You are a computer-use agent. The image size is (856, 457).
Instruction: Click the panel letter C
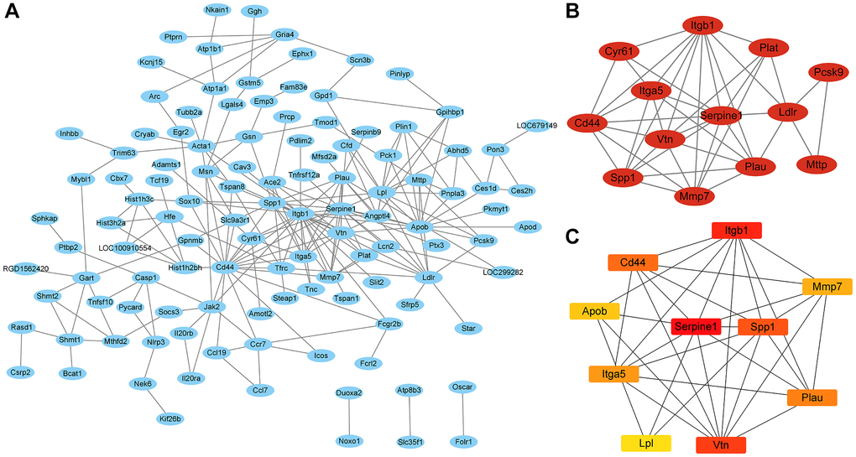(572, 237)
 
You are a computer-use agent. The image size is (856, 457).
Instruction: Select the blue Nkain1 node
(219, 10)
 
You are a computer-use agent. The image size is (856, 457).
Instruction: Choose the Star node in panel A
(467, 328)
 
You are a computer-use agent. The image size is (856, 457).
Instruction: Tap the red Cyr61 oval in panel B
(620, 53)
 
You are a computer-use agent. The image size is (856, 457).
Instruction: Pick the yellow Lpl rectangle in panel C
(645, 443)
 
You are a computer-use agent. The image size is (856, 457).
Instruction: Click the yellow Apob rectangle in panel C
(595, 311)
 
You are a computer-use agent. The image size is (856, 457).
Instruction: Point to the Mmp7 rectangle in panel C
(827, 287)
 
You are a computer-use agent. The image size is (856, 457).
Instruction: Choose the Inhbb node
(69, 133)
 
